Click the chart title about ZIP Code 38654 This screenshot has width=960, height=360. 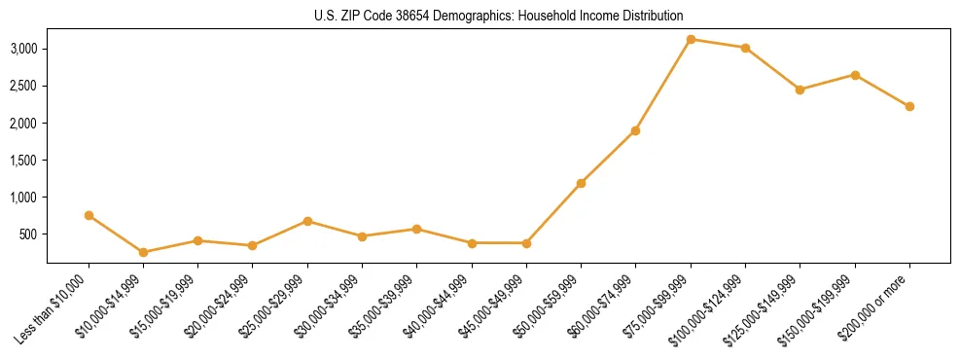click(x=498, y=16)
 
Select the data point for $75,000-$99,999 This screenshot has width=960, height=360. click(x=691, y=39)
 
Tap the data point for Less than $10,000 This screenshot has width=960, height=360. click(x=89, y=215)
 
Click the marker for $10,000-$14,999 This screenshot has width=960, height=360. click(x=144, y=252)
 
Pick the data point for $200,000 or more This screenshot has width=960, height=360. click(x=909, y=106)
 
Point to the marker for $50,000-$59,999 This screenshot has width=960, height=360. click(x=581, y=183)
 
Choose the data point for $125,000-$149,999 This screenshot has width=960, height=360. click(x=800, y=90)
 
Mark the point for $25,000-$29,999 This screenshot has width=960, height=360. click(x=307, y=221)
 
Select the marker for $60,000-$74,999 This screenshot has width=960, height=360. click(x=635, y=130)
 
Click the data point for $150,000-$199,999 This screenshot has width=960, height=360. click(x=855, y=75)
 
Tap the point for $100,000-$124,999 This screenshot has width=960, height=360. click(x=745, y=48)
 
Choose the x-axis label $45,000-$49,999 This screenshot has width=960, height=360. click(x=492, y=308)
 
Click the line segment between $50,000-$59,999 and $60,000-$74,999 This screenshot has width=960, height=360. click(x=608, y=157)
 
